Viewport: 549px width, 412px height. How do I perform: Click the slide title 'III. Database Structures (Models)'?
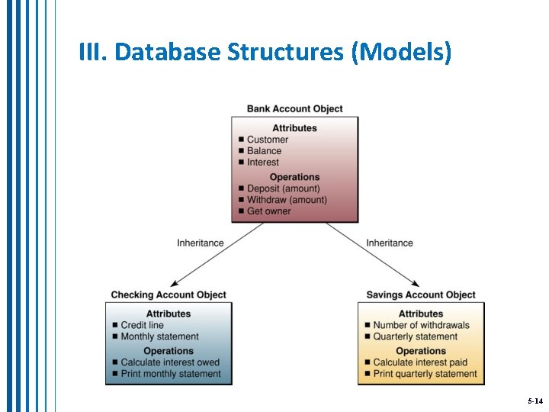pyautogui.click(x=265, y=52)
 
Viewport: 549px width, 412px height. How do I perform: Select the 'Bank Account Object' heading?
pyautogui.click(x=294, y=109)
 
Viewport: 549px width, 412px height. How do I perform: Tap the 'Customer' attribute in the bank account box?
pyautogui.click(x=268, y=140)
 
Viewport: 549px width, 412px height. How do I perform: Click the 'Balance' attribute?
pyautogui.click(x=264, y=151)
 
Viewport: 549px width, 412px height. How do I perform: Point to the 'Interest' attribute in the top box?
pyautogui.click(x=263, y=163)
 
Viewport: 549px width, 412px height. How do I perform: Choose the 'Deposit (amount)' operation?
pyautogui.click(x=283, y=188)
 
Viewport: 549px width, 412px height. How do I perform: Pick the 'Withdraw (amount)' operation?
pyautogui.click(x=287, y=200)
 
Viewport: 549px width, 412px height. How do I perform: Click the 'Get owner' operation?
pyautogui.click(x=268, y=211)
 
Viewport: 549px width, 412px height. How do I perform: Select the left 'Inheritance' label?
pyautogui.click(x=201, y=243)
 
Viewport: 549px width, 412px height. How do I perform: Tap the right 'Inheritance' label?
pyautogui.click(x=389, y=243)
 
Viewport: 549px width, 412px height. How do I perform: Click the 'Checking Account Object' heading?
pyautogui.click(x=169, y=295)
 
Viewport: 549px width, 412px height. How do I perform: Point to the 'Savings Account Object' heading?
pyautogui.click(x=420, y=295)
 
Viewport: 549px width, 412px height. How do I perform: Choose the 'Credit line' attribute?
pyautogui.click(x=142, y=325)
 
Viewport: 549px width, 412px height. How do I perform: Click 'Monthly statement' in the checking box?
pyautogui.click(x=159, y=336)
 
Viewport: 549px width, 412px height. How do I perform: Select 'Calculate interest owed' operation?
pyautogui.click(x=170, y=362)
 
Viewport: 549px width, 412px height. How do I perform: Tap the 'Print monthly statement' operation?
pyautogui.click(x=171, y=374)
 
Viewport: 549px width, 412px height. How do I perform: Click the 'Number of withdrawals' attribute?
pyautogui.click(x=421, y=325)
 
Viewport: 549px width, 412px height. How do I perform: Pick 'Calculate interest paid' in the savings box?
pyautogui.click(x=420, y=362)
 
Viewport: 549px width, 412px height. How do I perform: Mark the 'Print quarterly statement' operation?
pyautogui.click(x=425, y=374)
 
